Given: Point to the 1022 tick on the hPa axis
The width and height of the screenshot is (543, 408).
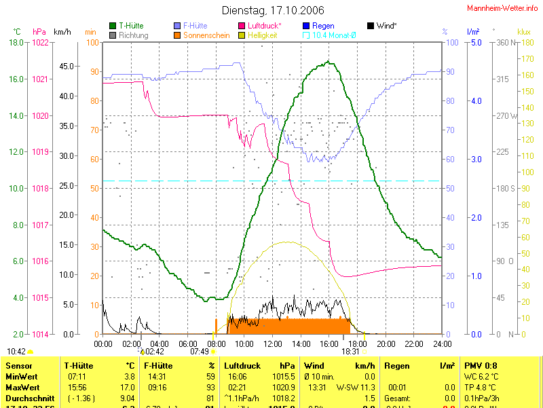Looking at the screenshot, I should [40, 43].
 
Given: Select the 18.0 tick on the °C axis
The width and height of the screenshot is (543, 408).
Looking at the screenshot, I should [16, 43].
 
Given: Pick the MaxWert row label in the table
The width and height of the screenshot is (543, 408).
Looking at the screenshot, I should [22, 387].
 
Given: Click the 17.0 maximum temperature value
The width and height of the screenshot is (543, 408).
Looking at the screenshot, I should [128, 387].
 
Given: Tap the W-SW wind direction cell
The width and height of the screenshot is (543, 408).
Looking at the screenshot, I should [346, 387].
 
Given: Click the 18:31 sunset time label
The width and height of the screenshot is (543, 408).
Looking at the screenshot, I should [350, 352].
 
